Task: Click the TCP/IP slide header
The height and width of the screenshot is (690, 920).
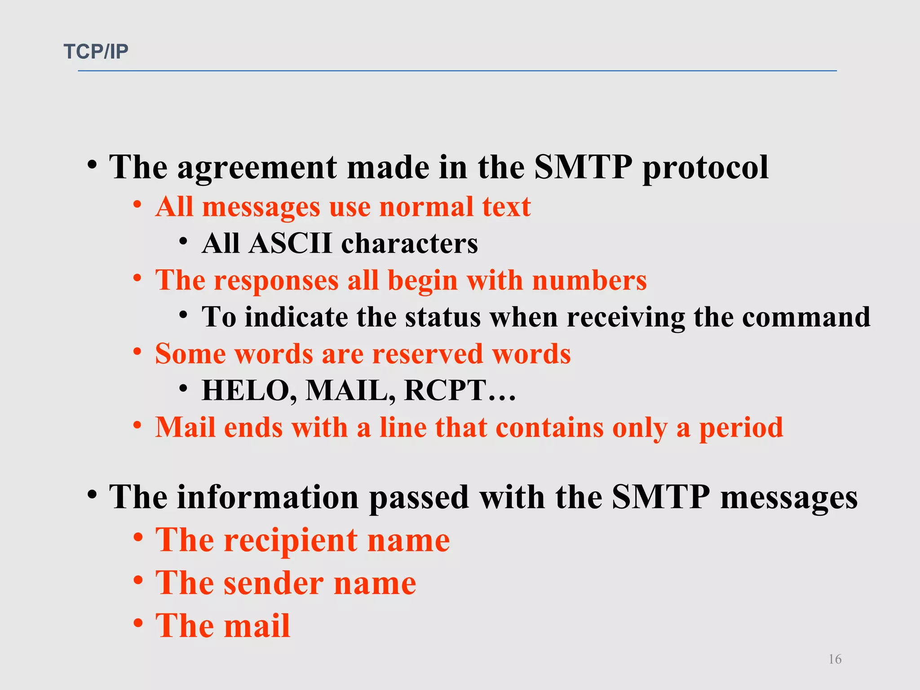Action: point(96,52)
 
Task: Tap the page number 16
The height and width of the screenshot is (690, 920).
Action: point(835,659)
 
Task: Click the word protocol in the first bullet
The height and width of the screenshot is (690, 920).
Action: point(705,168)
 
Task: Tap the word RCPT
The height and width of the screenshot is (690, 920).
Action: point(445,390)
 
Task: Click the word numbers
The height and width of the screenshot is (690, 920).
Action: point(589,281)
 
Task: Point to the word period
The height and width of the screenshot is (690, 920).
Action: point(741,428)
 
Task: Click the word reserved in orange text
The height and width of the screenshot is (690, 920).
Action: point(428,354)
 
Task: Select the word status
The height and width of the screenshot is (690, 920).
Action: point(443,317)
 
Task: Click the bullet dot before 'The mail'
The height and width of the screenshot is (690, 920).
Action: point(138,623)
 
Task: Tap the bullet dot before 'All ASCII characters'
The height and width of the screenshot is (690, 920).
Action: point(183,242)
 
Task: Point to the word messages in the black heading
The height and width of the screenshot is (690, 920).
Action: point(789,497)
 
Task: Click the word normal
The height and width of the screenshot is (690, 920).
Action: point(426,207)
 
